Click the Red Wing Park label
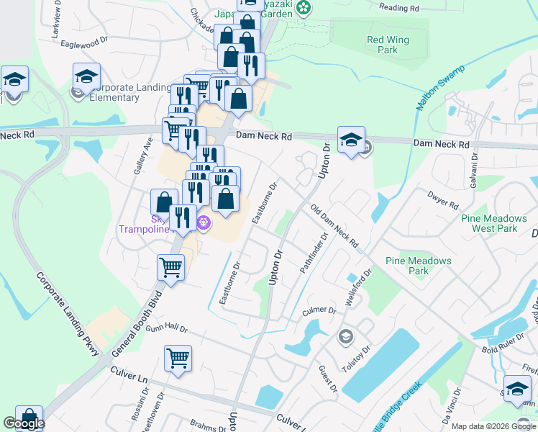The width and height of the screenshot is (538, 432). click(382, 45)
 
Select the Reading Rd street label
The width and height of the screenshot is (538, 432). click(398, 8)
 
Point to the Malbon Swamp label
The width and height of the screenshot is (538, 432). click(440, 89)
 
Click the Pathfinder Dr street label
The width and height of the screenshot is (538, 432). click(314, 252)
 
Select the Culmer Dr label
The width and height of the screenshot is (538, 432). click(320, 310)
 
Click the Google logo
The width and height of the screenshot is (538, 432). click(24, 424)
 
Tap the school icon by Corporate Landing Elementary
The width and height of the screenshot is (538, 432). click(86, 76)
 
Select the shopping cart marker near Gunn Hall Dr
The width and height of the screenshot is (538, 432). click(178, 358)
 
